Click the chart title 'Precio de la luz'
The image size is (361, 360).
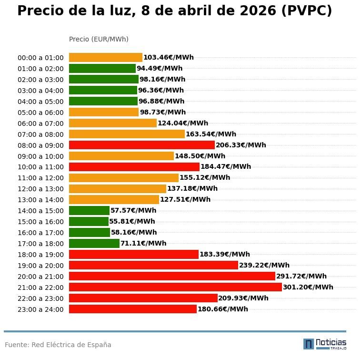[x=174, y=11]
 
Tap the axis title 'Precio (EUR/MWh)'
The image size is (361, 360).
[x=99, y=39]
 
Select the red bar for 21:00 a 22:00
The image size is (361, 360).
[x=175, y=287]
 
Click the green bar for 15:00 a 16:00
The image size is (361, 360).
[x=89, y=221]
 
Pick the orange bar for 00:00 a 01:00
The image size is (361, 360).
[x=105, y=57]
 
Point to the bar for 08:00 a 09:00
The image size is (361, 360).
[x=141, y=145]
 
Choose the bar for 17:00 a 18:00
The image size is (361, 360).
[x=94, y=243]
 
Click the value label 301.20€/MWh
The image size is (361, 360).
[x=308, y=287]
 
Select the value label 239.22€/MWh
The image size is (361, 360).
[x=264, y=265]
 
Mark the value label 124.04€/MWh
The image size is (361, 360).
[x=182, y=123]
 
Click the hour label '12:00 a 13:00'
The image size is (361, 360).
[x=40, y=189]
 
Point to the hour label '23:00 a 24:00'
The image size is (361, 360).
[x=40, y=309]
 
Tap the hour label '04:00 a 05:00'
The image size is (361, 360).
[x=40, y=102]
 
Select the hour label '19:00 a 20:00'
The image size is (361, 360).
[x=40, y=266]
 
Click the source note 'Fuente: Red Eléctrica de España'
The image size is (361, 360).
[x=58, y=345]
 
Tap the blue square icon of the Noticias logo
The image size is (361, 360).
[x=309, y=344]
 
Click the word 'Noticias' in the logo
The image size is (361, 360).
[x=331, y=342]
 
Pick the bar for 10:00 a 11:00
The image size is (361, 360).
[x=134, y=167]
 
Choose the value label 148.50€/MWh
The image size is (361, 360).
[x=200, y=156]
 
